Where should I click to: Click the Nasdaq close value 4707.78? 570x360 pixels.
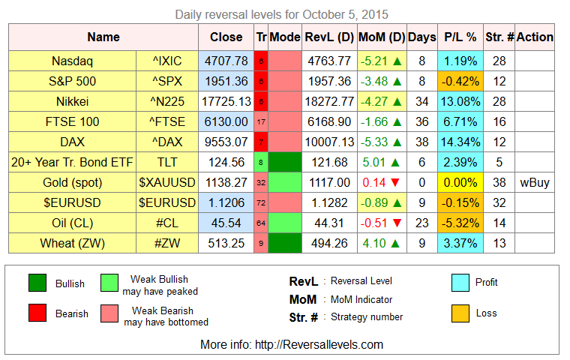click(x=226, y=61)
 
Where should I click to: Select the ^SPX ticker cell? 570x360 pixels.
click(x=167, y=81)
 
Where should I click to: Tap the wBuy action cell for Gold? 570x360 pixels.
click(x=534, y=182)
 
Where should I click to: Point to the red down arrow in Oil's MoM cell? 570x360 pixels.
click(x=397, y=223)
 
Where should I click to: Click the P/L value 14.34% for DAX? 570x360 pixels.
click(x=460, y=142)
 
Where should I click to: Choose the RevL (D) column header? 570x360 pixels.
click(x=329, y=37)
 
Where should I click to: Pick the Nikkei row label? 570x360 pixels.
click(x=72, y=101)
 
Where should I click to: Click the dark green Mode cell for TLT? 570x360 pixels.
click(x=285, y=162)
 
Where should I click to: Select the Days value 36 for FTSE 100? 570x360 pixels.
click(x=421, y=121)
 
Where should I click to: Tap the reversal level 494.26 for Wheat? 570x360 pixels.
click(x=329, y=243)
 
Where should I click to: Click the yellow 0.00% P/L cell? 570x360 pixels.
click(x=460, y=182)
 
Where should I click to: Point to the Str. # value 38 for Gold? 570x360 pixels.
click(x=499, y=182)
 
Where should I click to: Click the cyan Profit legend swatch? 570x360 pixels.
click(x=460, y=283)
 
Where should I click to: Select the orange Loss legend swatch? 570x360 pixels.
click(x=460, y=313)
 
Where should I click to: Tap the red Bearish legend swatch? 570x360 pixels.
click(x=37, y=313)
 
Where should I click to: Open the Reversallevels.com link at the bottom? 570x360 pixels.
click(x=319, y=344)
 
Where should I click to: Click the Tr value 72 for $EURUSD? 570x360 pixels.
click(x=261, y=203)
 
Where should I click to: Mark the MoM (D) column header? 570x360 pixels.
click(x=382, y=37)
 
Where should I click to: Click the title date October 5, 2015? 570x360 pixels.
click(x=345, y=14)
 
